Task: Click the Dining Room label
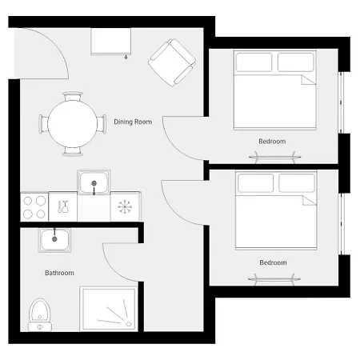click(x=133, y=122)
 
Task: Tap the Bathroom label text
click(x=59, y=273)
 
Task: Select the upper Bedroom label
click(x=272, y=141)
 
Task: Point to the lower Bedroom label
click(x=273, y=262)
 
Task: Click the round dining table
click(x=72, y=124)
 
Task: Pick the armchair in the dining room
click(x=172, y=62)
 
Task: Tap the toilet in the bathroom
click(x=40, y=314)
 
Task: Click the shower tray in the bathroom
click(x=109, y=309)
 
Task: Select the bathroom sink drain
click(x=54, y=239)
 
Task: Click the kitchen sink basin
click(x=94, y=182)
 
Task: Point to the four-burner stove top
click(x=34, y=207)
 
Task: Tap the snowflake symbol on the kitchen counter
click(x=125, y=207)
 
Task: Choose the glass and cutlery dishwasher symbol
click(x=63, y=206)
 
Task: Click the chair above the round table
click(x=73, y=96)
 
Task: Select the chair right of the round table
click(x=102, y=124)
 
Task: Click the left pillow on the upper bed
click(x=254, y=62)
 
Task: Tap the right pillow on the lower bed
click(x=297, y=183)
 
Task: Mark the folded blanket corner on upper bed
click(x=309, y=80)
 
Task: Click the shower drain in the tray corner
click(x=130, y=324)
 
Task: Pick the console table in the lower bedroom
click(x=274, y=279)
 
